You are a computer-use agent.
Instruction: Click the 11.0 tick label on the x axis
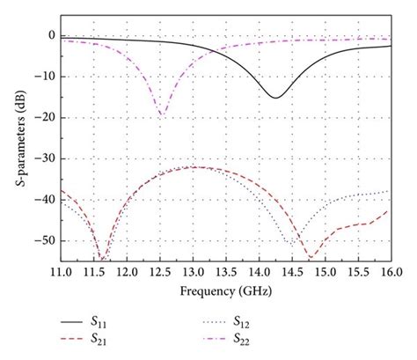click(x=61, y=270)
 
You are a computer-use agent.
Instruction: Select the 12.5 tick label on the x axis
click(x=159, y=270)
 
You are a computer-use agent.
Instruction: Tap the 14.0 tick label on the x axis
click(x=259, y=270)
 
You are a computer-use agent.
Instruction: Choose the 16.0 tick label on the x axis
click(x=390, y=270)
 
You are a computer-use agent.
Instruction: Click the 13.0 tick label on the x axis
click(x=193, y=270)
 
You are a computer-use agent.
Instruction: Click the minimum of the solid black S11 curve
click(x=275, y=97)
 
